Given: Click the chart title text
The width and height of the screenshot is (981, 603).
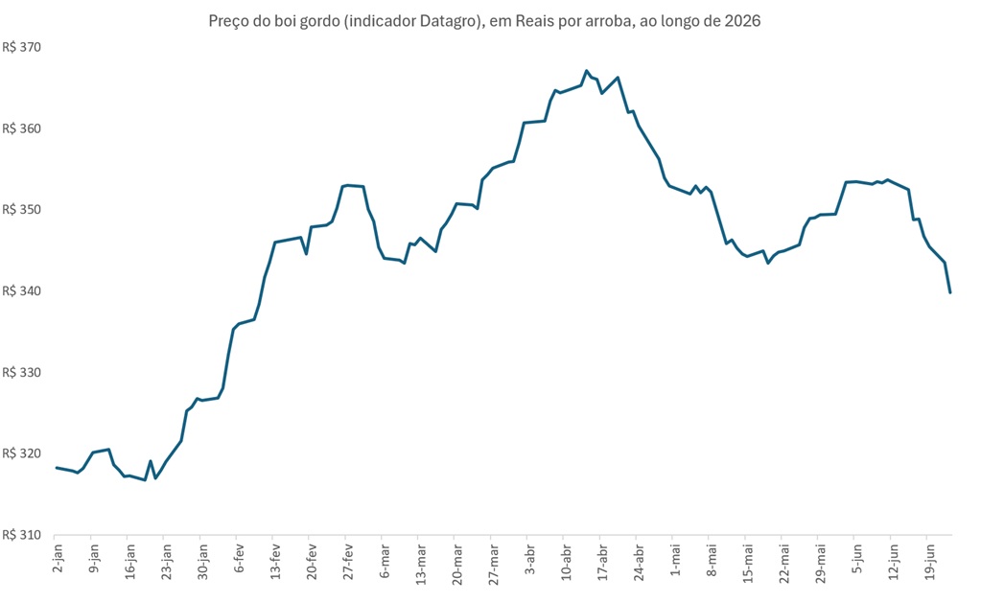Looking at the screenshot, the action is (484, 21).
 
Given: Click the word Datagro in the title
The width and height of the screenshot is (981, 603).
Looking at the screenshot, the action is (448, 21).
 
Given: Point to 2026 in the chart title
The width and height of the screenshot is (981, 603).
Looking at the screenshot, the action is (742, 21).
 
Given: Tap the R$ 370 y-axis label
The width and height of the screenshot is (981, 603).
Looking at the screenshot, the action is (22, 48).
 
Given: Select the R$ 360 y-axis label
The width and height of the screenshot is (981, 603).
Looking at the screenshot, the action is (22, 128).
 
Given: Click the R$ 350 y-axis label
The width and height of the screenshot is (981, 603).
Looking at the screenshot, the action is (22, 210).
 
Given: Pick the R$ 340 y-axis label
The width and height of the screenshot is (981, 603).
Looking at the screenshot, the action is (22, 290).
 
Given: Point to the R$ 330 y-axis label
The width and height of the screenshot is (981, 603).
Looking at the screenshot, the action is (22, 372).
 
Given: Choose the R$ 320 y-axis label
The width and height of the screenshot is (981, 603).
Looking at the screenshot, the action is (22, 453).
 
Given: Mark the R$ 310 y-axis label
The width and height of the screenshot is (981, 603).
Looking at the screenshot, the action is (22, 535).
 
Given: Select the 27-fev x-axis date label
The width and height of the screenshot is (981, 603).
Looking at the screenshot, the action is (348, 561).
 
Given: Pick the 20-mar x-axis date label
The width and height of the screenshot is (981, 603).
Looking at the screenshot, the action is (457, 564).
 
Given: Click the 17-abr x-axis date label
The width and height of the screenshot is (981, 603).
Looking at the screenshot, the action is (602, 563).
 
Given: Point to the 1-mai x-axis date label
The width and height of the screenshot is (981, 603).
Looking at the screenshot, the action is (675, 560).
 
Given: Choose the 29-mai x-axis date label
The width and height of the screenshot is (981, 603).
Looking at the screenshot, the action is (820, 563).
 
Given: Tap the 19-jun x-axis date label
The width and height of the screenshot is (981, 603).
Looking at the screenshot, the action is (930, 562).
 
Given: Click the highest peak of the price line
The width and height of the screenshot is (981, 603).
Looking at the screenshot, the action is (586, 71).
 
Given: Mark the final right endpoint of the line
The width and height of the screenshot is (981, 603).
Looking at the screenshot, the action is (950, 292).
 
